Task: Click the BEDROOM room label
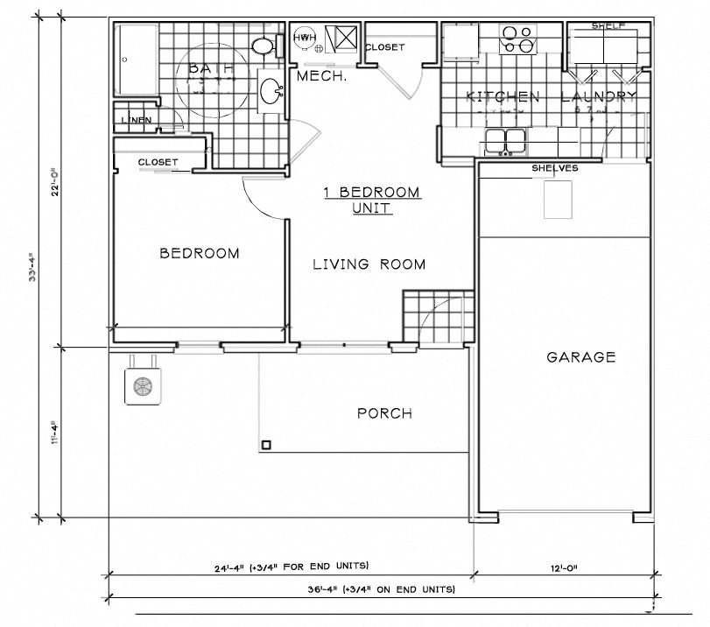click(x=199, y=254)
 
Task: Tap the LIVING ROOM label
click(x=369, y=264)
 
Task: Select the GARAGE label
click(x=580, y=357)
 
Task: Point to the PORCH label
click(x=384, y=413)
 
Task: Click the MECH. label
click(x=322, y=77)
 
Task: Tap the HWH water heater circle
click(x=304, y=39)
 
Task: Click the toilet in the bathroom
click(x=264, y=46)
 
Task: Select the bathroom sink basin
click(x=271, y=90)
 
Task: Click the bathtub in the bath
click(x=137, y=60)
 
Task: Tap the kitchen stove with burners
click(x=517, y=40)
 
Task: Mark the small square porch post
click(x=266, y=445)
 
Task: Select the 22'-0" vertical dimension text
click(x=55, y=182)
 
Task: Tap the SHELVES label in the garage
click(x=553, y=168)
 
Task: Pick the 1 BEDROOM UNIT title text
click(x=372, y=201)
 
